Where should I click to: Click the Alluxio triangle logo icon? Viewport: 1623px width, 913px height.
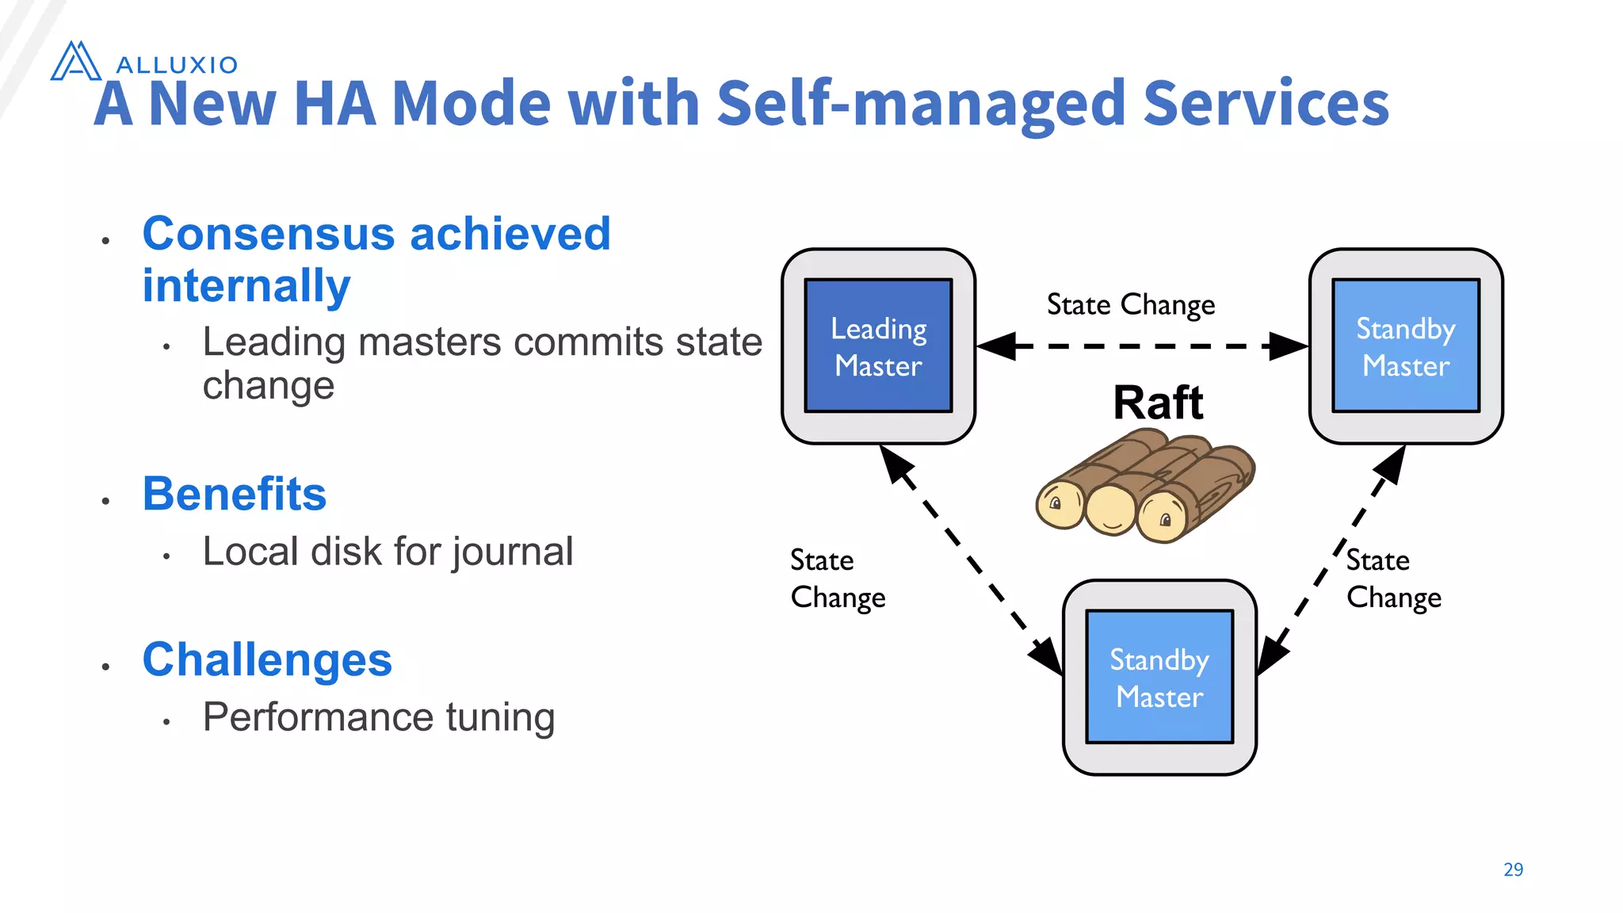(x=75, y=62)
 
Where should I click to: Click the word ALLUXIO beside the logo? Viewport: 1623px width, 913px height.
(x=177, y=65)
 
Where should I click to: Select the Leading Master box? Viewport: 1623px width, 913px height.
(x=878, y=346)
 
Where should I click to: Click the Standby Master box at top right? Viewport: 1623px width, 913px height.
(x=1405, y=346)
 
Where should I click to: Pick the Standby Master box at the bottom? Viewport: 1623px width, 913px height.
(x=1159, y=678)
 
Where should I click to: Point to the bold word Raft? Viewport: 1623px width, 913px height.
(x=1158, y=403)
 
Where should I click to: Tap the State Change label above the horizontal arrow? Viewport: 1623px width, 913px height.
(x=1130, y=305)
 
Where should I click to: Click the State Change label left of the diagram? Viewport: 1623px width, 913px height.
(x=837, y=579)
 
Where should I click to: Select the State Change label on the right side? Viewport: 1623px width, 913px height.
(x=1393, y=579)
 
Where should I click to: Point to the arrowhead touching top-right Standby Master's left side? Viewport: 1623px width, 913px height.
(x=1288, y=346)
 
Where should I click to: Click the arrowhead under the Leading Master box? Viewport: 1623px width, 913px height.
(x=896, y=462)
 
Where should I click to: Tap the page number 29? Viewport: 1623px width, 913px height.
(x=1513, y=869)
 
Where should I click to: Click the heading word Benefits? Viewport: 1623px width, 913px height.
(x=235, y=495)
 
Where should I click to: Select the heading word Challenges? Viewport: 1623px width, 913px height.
(x=267, y=660)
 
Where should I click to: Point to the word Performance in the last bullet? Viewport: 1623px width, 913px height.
(x=318, y=717)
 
